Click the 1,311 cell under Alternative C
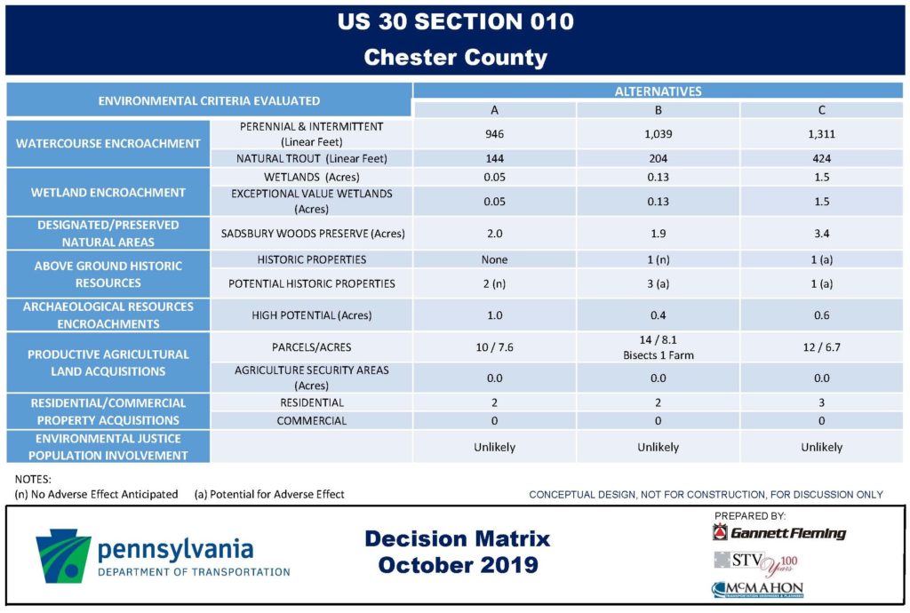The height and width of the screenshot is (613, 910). [821, 134]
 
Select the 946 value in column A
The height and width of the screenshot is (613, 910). [494, 134]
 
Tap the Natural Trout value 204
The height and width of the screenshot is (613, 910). [659, 158]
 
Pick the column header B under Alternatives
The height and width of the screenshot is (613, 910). [659, 110]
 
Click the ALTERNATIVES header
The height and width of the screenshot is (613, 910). [659, 91]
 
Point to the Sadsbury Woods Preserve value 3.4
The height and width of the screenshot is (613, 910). [821, 234]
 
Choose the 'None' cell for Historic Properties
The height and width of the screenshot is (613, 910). [494, 259]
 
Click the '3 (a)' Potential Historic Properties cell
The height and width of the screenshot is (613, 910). [659, 284]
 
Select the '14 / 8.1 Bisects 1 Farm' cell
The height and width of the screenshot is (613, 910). [659, 347]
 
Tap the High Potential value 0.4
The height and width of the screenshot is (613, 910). [659, 315]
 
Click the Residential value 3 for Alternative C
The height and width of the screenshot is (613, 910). [821, 402]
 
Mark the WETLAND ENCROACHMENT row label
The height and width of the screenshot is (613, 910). [108, 193]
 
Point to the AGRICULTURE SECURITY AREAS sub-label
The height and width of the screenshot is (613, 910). [312, 378]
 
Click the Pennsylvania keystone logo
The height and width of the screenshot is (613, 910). [63, 555]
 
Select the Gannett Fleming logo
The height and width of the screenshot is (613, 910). [778, 532]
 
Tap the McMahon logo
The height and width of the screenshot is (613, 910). [758, 590]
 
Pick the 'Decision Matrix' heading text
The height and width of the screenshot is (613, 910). [458, 538]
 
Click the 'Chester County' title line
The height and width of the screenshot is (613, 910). [456, 58]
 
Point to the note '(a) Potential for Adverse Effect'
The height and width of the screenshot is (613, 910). [269, 494]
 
